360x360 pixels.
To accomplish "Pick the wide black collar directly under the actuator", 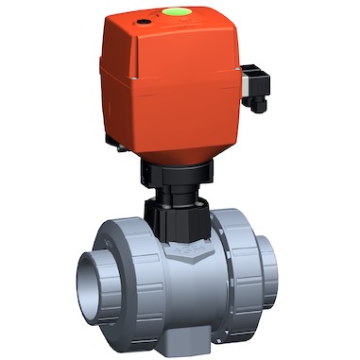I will pyautogui.click(x=176, y=174).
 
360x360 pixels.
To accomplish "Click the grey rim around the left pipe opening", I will pyautogui.click(x=84, y=283).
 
